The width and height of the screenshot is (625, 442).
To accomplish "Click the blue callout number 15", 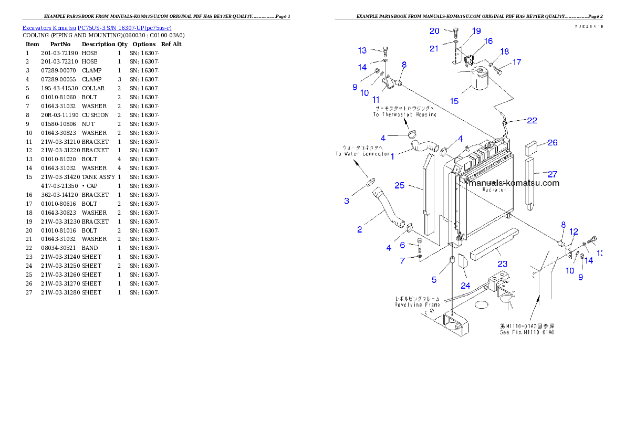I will coord(454,101).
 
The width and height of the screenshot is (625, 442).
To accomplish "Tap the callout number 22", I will coord(532,121).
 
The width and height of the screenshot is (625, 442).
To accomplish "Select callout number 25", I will coord(400,186).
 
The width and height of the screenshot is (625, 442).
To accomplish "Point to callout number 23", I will coord(503,264).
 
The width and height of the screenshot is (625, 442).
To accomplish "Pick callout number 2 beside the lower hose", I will coord(359,229).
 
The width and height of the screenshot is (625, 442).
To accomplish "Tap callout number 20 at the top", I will coord(434,31).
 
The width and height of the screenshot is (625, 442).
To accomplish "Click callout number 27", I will coord(552,174).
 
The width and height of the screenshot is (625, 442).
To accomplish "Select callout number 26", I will coord(553,143).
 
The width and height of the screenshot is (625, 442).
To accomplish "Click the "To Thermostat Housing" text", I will coord(404,114).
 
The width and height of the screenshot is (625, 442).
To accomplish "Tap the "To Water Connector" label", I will coord(362,154).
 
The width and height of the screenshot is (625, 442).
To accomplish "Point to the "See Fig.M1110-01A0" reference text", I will coord(527,332).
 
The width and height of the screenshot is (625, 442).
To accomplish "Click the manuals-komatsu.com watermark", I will coord(514,183).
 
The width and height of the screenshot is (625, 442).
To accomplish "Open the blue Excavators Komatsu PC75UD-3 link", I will coord(97,28).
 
